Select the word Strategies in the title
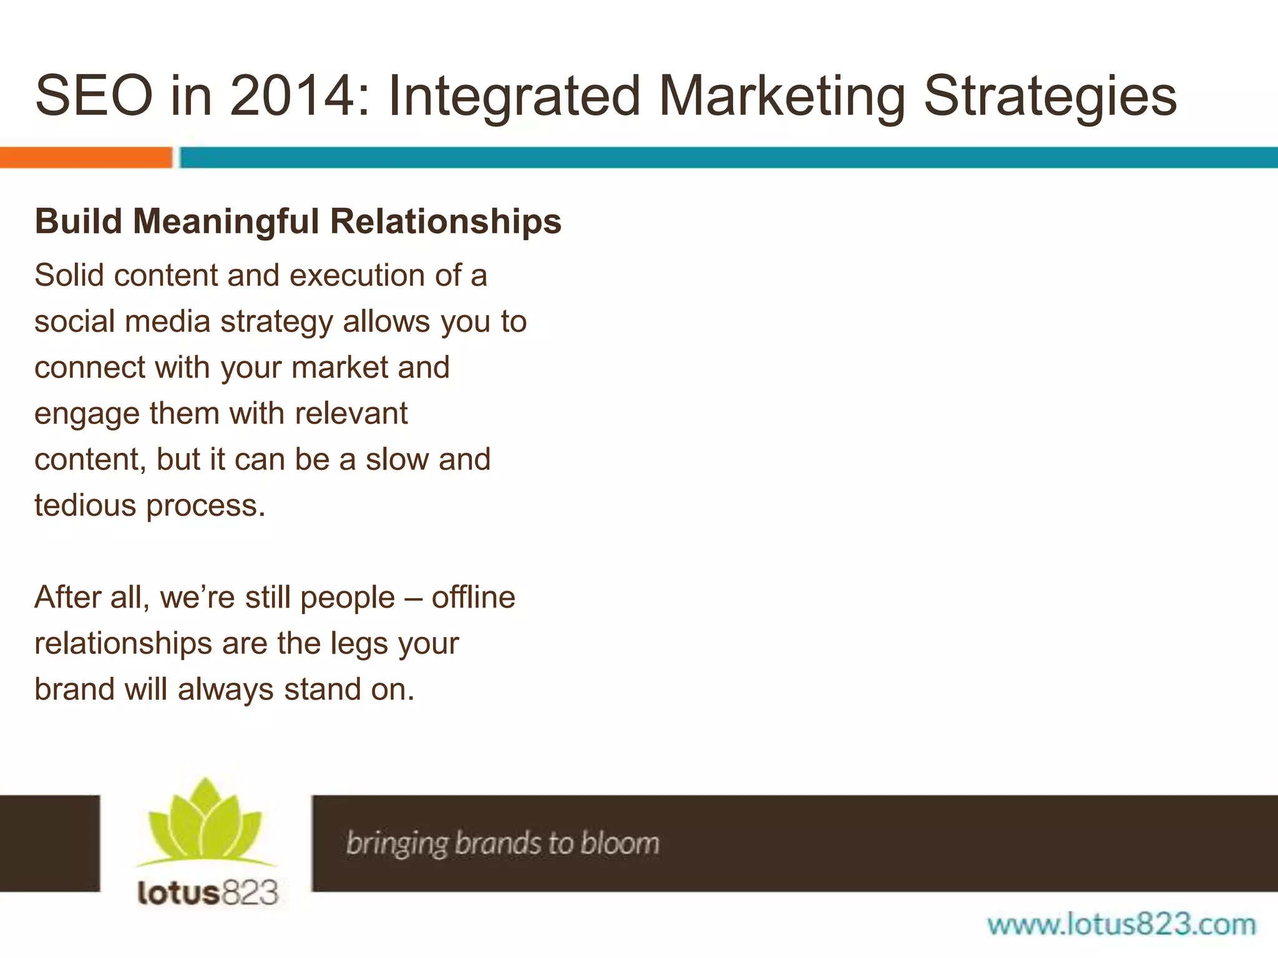[x=1050, y=96]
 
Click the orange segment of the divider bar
[x=85, y=157]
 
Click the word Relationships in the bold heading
[x=446, y=221]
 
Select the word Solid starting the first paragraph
[x=69, y=275]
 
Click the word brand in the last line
[x=74, y=690]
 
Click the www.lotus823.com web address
[x=1121, y=924]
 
